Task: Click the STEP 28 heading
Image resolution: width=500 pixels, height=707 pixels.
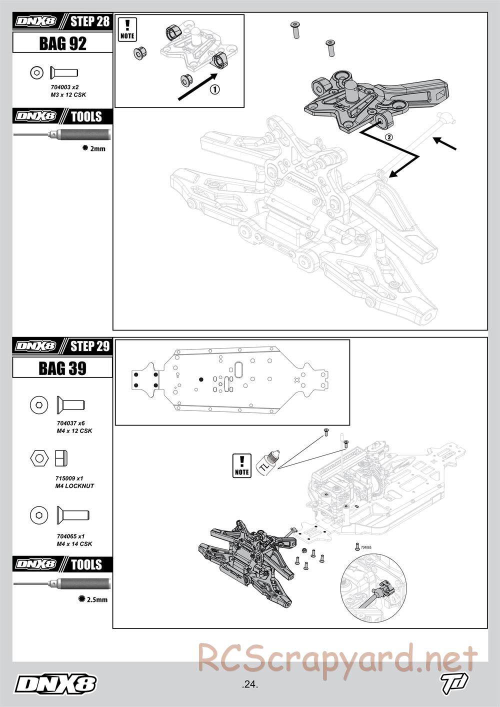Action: pos(89,21)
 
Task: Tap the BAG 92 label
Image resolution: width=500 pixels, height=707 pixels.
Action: pos(62,43)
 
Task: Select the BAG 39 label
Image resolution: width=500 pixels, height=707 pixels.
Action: pos(62,368)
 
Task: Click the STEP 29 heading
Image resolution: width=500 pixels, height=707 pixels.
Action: pos(89,346)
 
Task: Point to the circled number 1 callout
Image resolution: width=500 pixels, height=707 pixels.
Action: pos(214,89)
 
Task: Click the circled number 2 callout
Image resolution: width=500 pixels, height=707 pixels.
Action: pos(388,136)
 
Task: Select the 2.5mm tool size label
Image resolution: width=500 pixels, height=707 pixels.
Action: pos(96,599)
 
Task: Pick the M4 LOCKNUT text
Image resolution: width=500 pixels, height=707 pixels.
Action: pos(74,485)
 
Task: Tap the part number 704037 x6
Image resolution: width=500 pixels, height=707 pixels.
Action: pos(70,423)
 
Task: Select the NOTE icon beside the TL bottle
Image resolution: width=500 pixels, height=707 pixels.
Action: pos(241,465)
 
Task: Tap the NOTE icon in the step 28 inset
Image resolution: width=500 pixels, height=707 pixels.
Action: pos(127,29)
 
